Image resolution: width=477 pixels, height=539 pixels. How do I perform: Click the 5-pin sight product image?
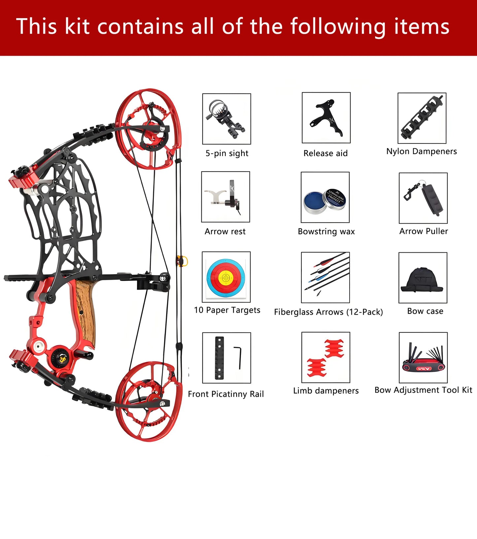(x=226, y=119)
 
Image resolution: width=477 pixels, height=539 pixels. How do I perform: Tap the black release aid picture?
(x=326, y=118)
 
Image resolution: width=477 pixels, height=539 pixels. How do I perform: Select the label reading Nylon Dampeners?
(x=422, y=151)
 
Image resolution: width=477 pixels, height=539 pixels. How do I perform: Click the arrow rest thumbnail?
(x=225, y=197)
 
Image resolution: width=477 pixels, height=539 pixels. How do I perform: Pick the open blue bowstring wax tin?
(x=315, y=202)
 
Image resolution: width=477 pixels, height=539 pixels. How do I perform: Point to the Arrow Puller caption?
(x=424, y=231)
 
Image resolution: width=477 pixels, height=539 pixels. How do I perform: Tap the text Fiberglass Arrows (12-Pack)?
(x=328, y=312)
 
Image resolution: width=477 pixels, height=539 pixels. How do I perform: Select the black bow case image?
(x=422, y=280)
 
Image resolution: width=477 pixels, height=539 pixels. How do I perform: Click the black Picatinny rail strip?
(x=220, y=358)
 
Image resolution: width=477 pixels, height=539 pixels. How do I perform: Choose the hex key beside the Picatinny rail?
(x=239, y=358)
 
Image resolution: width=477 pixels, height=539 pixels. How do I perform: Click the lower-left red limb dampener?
(x=317, y=367)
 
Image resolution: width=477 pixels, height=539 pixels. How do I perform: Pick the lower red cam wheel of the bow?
(x=149, y=401)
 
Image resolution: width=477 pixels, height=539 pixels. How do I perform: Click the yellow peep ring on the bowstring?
(x=182, y=261)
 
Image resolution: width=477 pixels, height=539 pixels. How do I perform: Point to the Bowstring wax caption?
(x=326, y=232)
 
